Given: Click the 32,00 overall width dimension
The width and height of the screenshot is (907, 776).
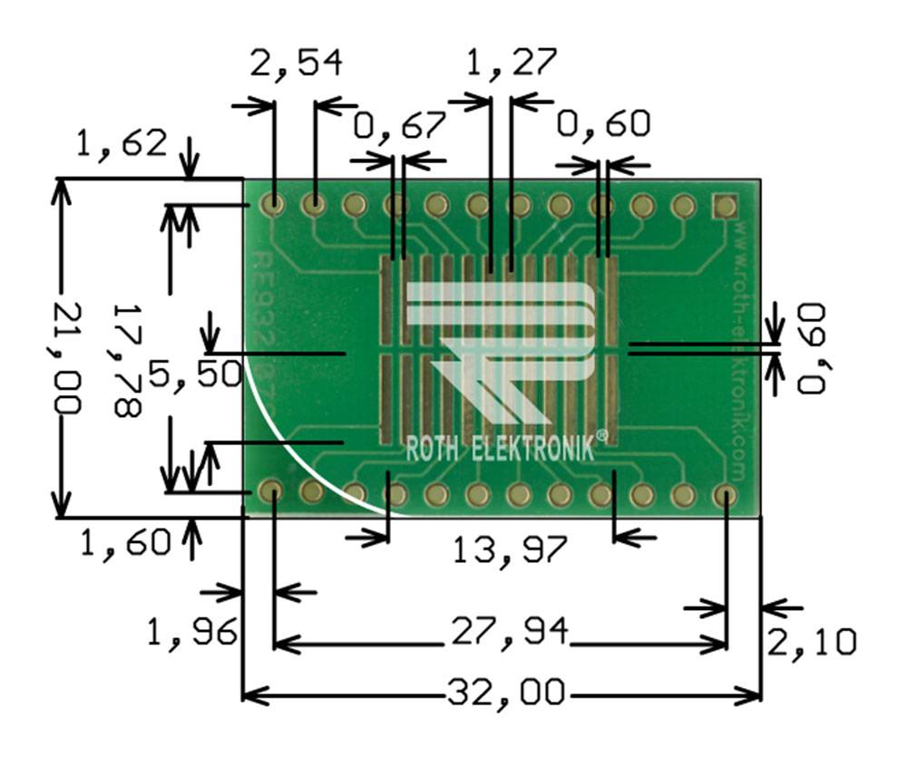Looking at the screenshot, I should pos(505,694).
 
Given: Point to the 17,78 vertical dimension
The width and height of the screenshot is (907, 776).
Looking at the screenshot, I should pos(126,360).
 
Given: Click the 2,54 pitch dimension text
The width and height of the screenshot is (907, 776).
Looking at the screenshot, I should pos(297,63).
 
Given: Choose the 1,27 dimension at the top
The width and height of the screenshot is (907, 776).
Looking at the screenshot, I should pos(510,63).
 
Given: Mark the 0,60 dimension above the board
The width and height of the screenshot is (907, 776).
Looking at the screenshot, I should pos(603,124).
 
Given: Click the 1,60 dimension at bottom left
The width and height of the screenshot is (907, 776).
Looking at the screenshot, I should pos(126,543).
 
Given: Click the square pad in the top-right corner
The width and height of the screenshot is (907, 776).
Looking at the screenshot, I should pos(725,205).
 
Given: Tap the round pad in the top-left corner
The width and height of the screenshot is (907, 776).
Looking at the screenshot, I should pos(272,204).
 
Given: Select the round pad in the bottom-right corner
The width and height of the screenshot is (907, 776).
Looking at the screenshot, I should pos(725,494).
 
